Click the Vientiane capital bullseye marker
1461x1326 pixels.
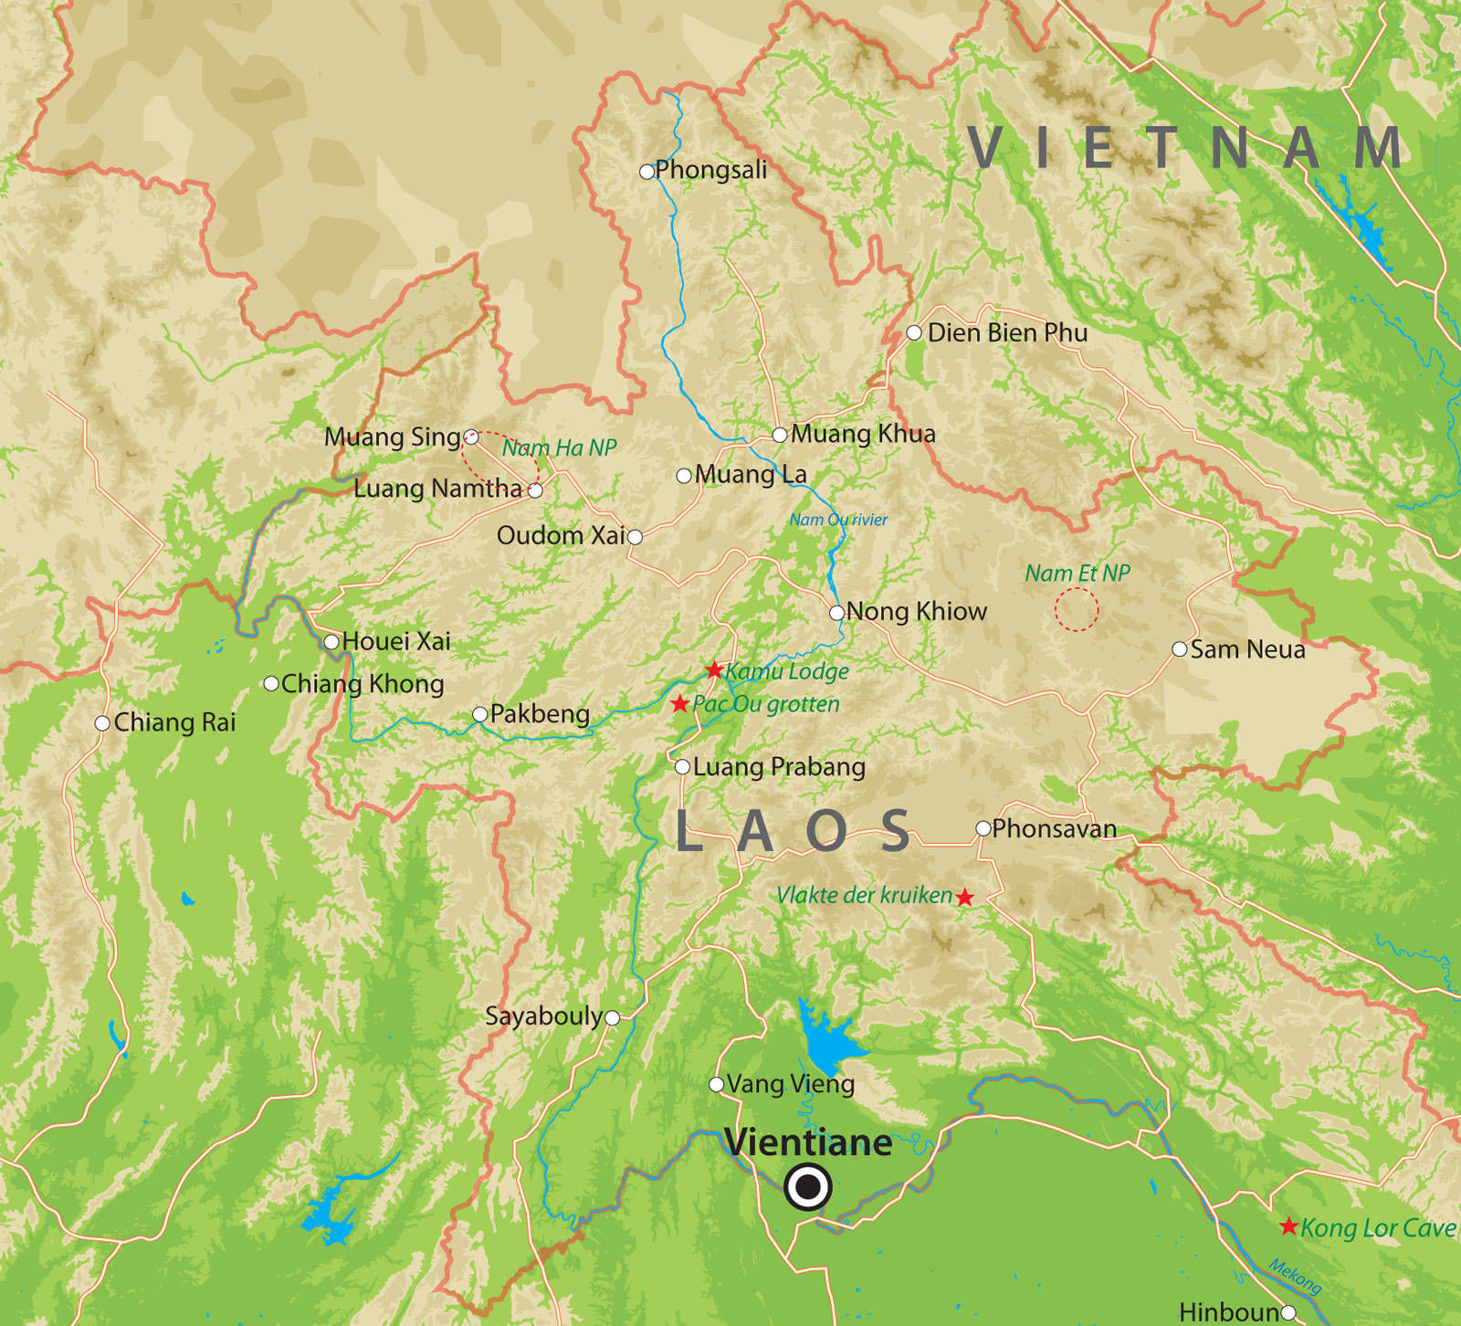pyautogui.click(x=807, y=1188)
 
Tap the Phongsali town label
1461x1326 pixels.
pyautogui.click(x=710, y=170)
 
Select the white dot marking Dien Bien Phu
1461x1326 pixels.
pyautogui.click(x=914, y=332)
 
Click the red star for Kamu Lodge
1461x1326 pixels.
pyautogui.click(x=714, y=671)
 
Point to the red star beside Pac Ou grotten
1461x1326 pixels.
pyautogui.click(x=679, y=704)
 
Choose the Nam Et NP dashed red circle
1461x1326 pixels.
pyautogui.click(x=1077, y=609)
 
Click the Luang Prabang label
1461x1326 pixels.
pyautogui.click(x=779, y=767)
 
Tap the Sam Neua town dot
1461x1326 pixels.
pyautogui.click(x=1180, y=649)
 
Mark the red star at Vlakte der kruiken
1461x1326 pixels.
pyautogui.click(x=965, y=898)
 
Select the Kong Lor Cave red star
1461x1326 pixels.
pyautogui.click(x=1288, y=1226)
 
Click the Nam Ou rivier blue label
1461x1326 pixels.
pyautogui.click(x=838, y=520)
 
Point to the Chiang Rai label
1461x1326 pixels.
pyautogui.click(x=174, y=722)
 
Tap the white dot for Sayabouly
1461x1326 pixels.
pyautogui.click(x=613, y=1017)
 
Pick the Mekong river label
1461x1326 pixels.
pyautogui.click(x=1296, y=1276)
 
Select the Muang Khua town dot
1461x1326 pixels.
pyautogui.click(x=780, y=435)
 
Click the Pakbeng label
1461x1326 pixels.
pyautogui.click(x=540, y=714)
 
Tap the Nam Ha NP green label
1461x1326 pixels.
pyautogui.click(x=559, y=447)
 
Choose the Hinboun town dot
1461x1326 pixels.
pyautogui.click(x=1288, y=1313)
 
